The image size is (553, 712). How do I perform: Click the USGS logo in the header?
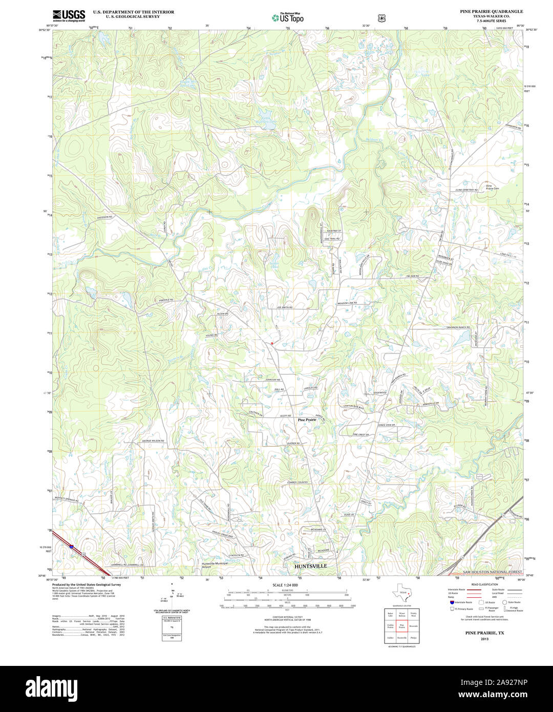pyautogui.click(x=69, y=16)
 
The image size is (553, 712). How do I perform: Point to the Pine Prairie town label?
pyautogui.click(x=307, y=420)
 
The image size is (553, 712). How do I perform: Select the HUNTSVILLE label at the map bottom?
pyautogui.click(x=310, y=566)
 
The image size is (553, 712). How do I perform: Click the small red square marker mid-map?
pyautogui.click(x=272, y=343)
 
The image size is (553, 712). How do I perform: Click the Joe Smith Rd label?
pyautogui.click(x=284, y=307)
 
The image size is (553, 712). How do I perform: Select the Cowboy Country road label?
pyautogui.click(x=297, y=483)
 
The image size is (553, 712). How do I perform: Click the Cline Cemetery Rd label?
pyautogui.click(x=466, y=190)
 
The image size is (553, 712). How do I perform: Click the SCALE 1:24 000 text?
pyautogui.click(x=285, y=585)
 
